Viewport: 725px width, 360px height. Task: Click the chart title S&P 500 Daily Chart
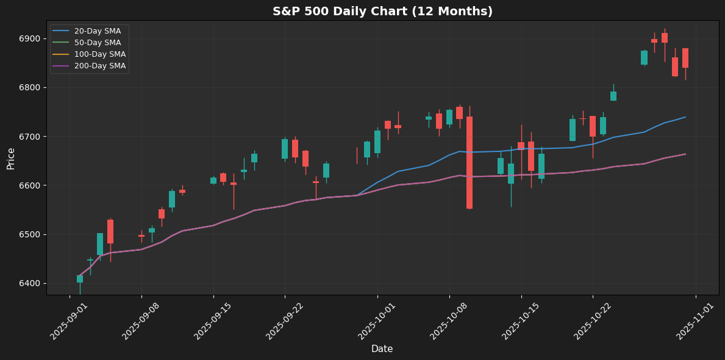pos(382,11)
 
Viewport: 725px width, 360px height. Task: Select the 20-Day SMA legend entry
pos(97,31)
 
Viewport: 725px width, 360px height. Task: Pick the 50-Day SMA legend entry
pos(97,43)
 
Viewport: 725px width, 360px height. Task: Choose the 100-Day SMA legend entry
pos(99,54)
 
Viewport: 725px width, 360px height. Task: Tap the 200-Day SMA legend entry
pos(99,66)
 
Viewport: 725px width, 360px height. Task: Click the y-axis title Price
pos(11,157)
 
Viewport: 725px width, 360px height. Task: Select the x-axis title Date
pos(382,349)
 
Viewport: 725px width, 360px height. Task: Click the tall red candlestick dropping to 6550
pos(470,162)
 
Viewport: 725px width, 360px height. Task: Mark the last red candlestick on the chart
pos(685,58)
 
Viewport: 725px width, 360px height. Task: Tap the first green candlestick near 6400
pos(80,279)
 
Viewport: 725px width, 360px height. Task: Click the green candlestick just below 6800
pos(613,96)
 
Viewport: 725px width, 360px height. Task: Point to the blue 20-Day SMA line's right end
pos(685,117)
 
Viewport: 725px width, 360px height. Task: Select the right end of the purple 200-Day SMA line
pos(685,154)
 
